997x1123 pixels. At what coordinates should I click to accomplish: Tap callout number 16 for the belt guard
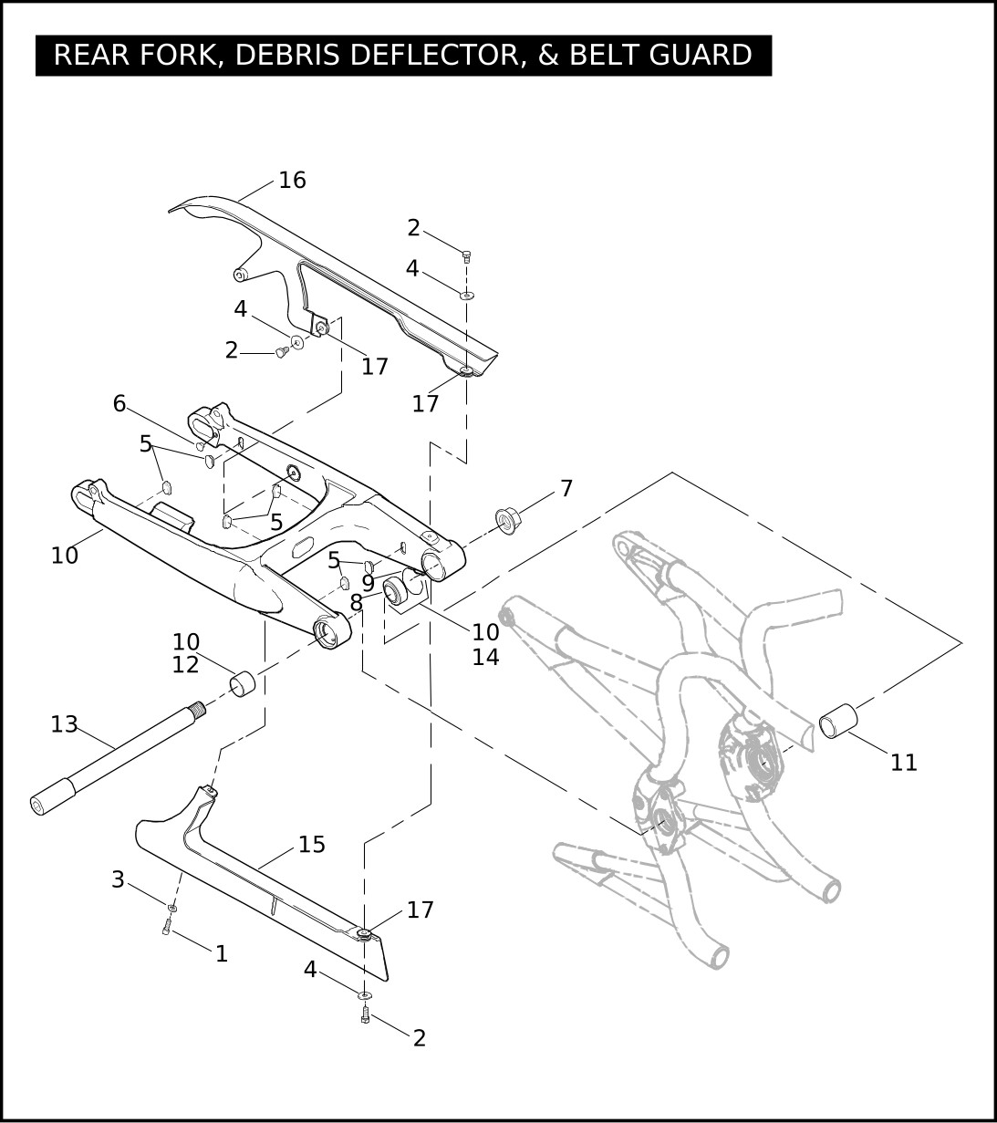(x=292, y=180)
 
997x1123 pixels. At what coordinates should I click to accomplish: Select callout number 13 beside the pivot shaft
(x=64, y=724)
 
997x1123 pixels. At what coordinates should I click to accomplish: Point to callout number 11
(x=904, y=763)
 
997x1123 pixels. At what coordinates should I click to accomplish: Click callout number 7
(x=566, y=488)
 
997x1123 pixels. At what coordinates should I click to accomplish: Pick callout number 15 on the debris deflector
(x=311, y=844)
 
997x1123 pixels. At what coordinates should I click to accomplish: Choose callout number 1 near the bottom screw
(x=222, y=954)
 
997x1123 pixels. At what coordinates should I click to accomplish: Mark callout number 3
(x=118, y=879)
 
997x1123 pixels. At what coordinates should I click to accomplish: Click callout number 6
(x=119, y=403)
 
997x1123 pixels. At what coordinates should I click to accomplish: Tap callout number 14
(x=485, y=658)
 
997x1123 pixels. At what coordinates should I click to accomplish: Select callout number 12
(x=186, y=665)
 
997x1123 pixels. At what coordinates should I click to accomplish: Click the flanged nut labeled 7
(x=505, y=521)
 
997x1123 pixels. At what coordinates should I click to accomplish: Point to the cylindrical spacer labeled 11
(x=838, y=721)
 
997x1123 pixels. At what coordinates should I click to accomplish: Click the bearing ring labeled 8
(x=396, y=591)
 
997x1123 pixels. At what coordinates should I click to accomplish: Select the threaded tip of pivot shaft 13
(x=198, y=707)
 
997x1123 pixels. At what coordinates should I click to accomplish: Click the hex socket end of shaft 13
(x=39, y=806)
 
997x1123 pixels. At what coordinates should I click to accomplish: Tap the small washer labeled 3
(x=172, y=908)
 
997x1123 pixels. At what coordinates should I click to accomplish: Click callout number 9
(x=368, y=584)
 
